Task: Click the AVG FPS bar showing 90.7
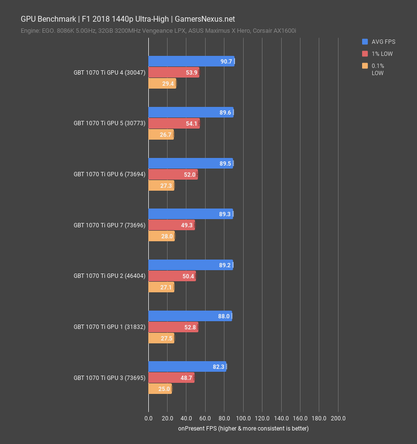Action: (x=191, y=61)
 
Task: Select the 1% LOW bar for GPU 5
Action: (x=173, y=124)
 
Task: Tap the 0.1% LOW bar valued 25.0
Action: (x=160, y=389)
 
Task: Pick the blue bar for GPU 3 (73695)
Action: (x=187, y=366)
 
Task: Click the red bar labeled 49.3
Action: (x=171, y=225)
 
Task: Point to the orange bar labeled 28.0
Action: (x=161, y=236)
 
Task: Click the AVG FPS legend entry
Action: (x=383, y=42)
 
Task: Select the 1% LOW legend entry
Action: (x=382, y=54)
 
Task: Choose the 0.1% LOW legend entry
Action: (x=378, y=69)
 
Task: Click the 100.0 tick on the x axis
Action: (x=243, y=418)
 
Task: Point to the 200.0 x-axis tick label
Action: (x=338, y=418)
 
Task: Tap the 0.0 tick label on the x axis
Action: (x=148, y=418)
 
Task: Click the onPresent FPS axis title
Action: (x=243, y=428)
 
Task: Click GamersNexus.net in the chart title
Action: (x=205, y=19)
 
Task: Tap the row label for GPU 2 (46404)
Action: (x=109, y=276)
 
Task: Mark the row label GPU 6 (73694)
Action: (x=109, y=174)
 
